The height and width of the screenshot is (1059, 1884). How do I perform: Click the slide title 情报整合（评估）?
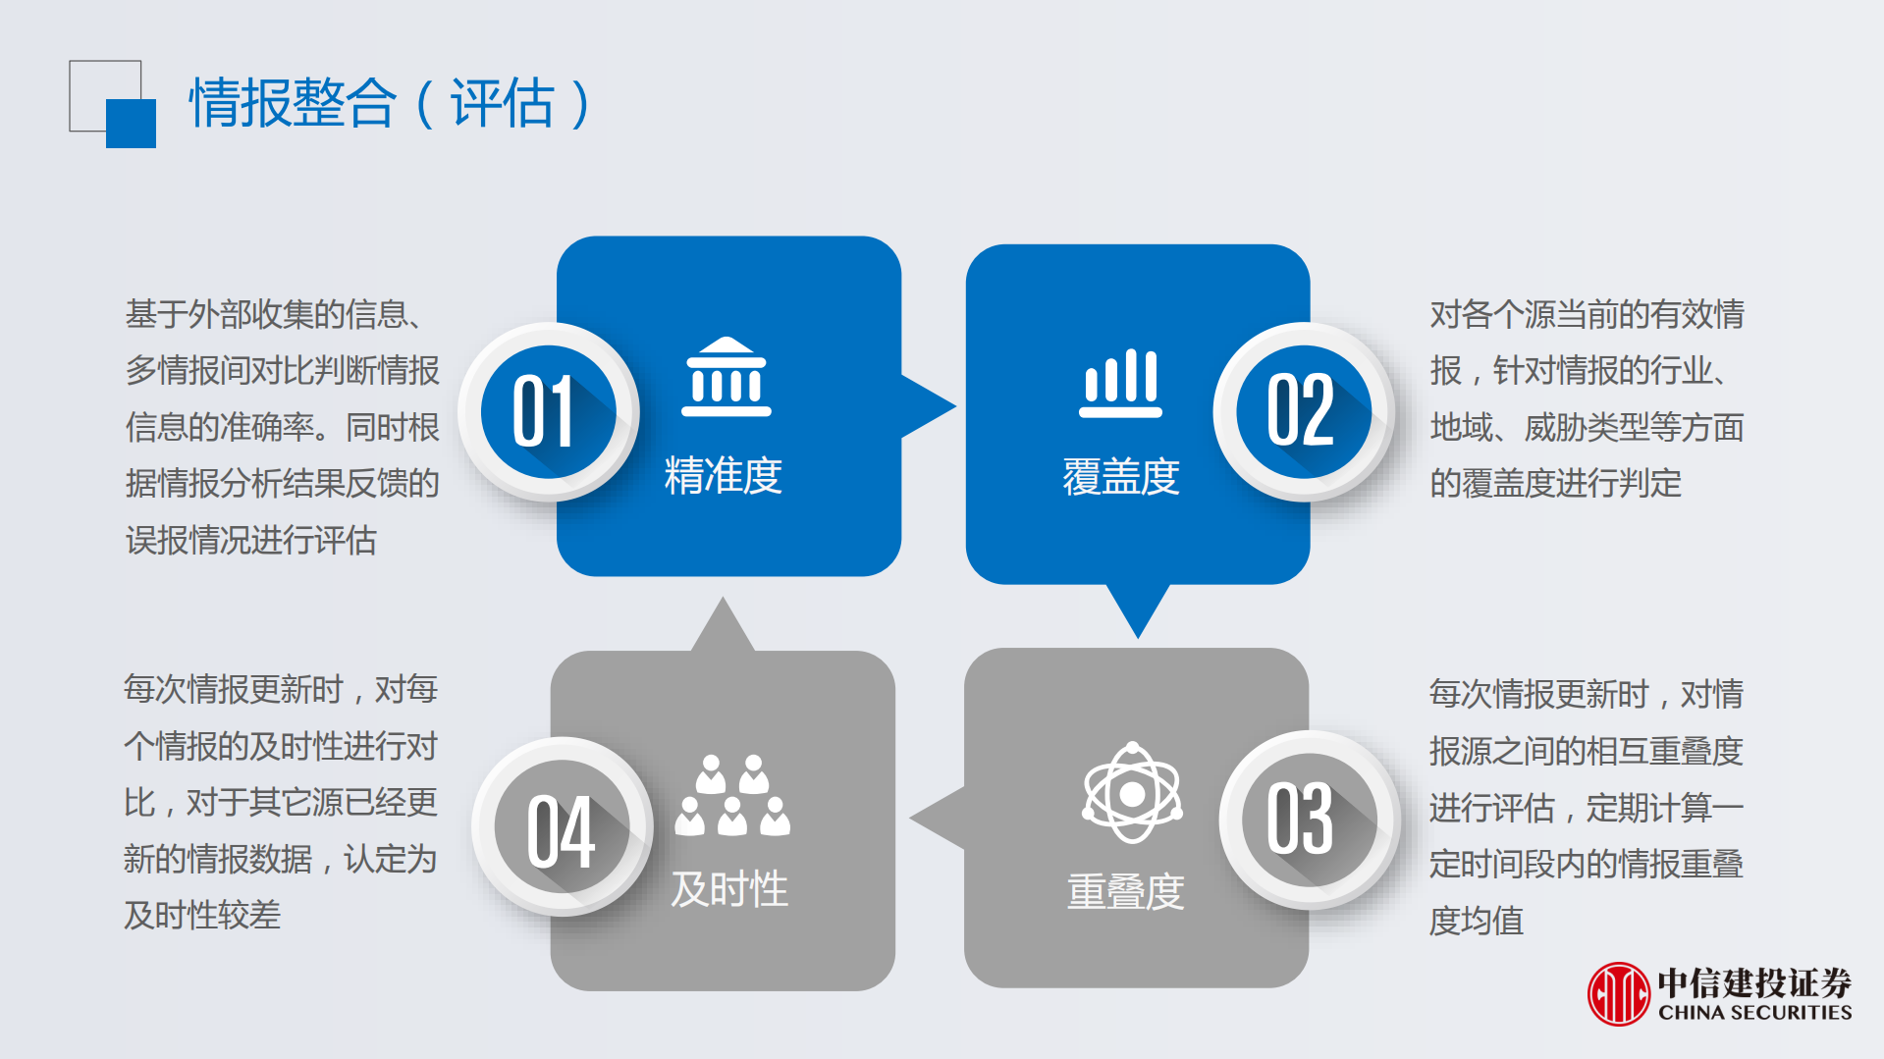click(x=391, y=103)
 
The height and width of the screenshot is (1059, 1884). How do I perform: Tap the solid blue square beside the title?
click(x=131, y=124)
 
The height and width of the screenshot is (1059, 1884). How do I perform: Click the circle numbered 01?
click(x=547, y=412)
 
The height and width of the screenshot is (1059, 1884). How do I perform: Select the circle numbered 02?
click(x=1303, y=412)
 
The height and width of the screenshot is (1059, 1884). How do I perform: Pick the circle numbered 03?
click(x=1309, y=820)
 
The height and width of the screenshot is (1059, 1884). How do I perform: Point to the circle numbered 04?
click(x=562, y=827)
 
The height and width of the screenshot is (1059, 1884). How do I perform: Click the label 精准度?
click(x=724, y=476)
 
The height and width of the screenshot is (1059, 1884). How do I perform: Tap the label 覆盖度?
click(x=1121, y=477)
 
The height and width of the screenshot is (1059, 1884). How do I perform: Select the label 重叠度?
click(x=1125, y=891)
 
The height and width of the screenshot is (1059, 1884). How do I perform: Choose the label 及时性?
click(x=729, y=889)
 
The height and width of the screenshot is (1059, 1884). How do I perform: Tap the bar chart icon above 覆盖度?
click(x=1120, y=383)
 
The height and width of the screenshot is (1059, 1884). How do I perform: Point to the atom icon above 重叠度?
click(x=1132, y=792)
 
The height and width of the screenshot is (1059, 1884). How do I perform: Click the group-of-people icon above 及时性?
click(x=732, y=796)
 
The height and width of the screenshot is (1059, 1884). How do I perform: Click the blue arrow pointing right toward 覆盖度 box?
click(x=928, y=406)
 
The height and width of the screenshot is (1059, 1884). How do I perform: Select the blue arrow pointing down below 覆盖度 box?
click(x=1138, y=609)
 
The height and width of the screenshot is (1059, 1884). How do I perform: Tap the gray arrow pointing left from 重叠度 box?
click(x=938, y=818)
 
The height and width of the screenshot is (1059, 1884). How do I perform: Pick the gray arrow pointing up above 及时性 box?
click(x=723, y=625)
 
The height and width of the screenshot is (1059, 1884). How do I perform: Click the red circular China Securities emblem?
click(x=1618, y=993)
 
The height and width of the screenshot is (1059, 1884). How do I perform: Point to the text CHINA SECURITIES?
click(x=1755, y=1012)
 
